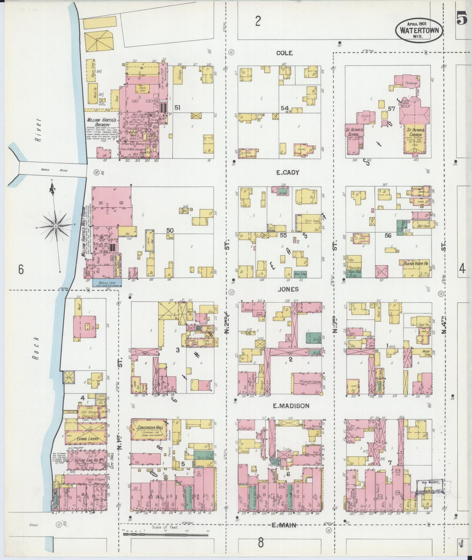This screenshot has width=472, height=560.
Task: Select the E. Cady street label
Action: point(288,173)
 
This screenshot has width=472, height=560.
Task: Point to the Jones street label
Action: point(288,289)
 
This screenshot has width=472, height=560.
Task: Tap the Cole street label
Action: point(284,53)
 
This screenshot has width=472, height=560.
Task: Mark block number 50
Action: point(170,230)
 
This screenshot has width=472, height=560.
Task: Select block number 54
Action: point(285,108)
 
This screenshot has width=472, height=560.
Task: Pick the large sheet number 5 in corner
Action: point(462,19)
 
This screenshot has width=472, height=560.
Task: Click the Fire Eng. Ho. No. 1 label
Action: point(86,460)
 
